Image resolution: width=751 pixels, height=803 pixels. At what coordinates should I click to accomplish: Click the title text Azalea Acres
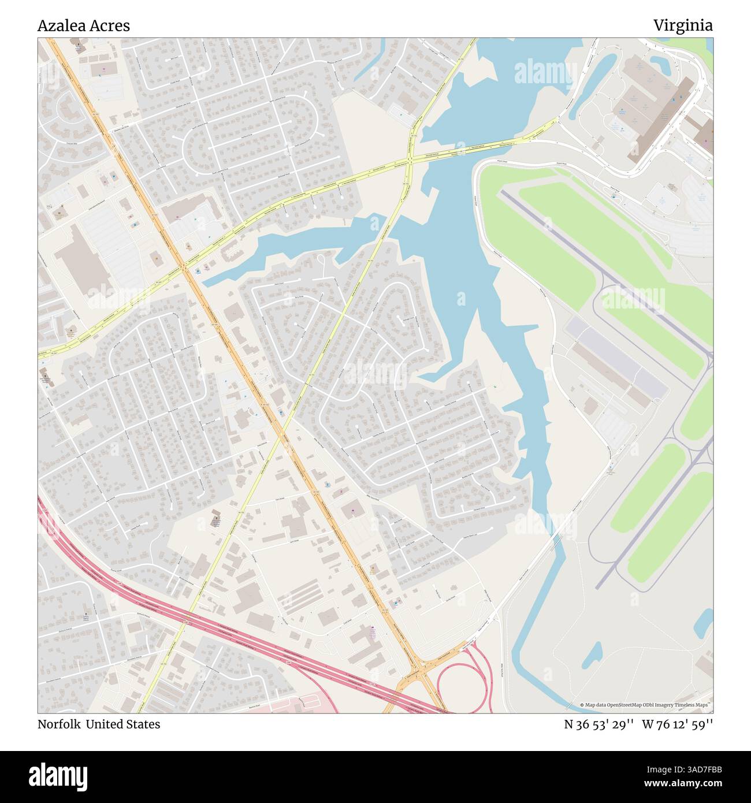click(84, 25)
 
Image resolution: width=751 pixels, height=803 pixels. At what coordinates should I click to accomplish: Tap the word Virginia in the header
click(683, 25)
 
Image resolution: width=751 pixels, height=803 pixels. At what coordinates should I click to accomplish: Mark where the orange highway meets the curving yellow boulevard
click(183, 266)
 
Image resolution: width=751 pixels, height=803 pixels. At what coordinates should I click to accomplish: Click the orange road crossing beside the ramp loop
click(422, 670)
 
